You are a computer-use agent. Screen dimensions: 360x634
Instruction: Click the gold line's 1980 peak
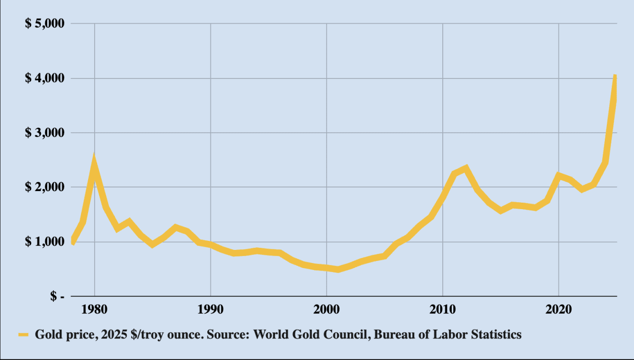point(94,160)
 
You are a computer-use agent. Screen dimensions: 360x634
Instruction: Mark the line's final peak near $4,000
point(615,77)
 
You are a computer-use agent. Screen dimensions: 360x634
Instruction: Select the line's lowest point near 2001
point(338,269)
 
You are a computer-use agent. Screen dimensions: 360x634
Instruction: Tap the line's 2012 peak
point(466,168)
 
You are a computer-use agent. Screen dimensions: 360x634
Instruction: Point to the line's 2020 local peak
point(559,175)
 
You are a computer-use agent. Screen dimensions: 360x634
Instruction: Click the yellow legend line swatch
point(24,335)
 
